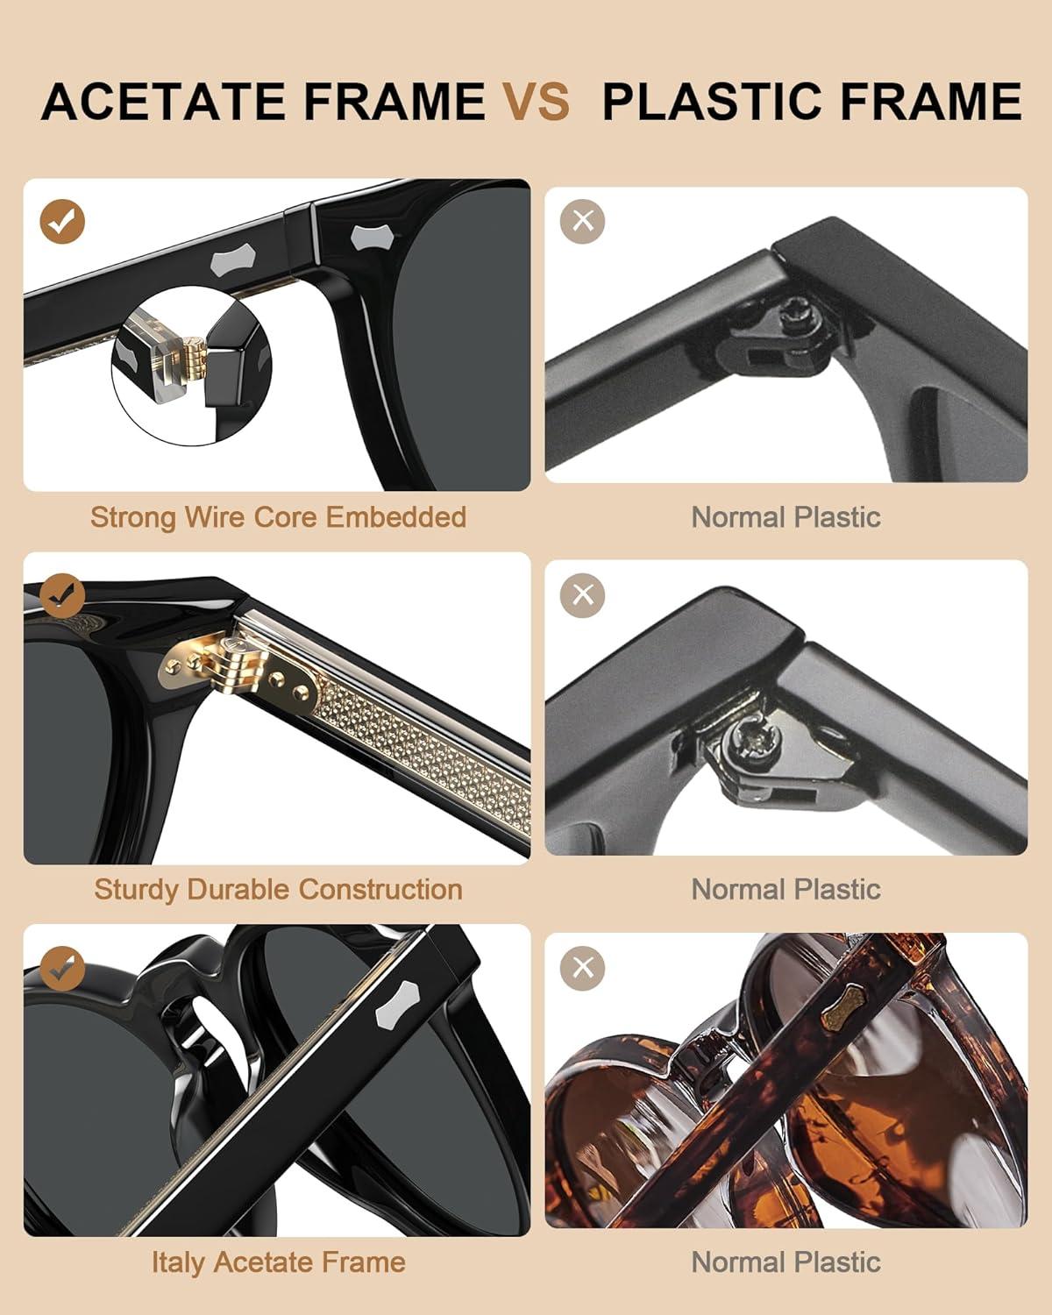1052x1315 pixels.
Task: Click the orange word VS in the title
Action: coord(537,102)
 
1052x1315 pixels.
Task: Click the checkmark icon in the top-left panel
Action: coord(62,221)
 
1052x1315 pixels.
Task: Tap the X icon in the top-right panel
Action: coord(582,221)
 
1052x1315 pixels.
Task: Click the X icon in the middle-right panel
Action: coord(582,595)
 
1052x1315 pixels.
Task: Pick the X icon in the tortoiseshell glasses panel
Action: coord(582,968)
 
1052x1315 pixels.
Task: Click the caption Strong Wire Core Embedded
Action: coord(278,517)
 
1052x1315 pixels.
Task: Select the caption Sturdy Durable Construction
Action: coord(278,890)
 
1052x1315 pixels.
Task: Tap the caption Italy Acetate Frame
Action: coord(278,1262)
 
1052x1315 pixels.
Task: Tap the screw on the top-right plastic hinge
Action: coord(800,315)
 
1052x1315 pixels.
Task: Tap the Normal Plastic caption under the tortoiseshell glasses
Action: coord(786,1262)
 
